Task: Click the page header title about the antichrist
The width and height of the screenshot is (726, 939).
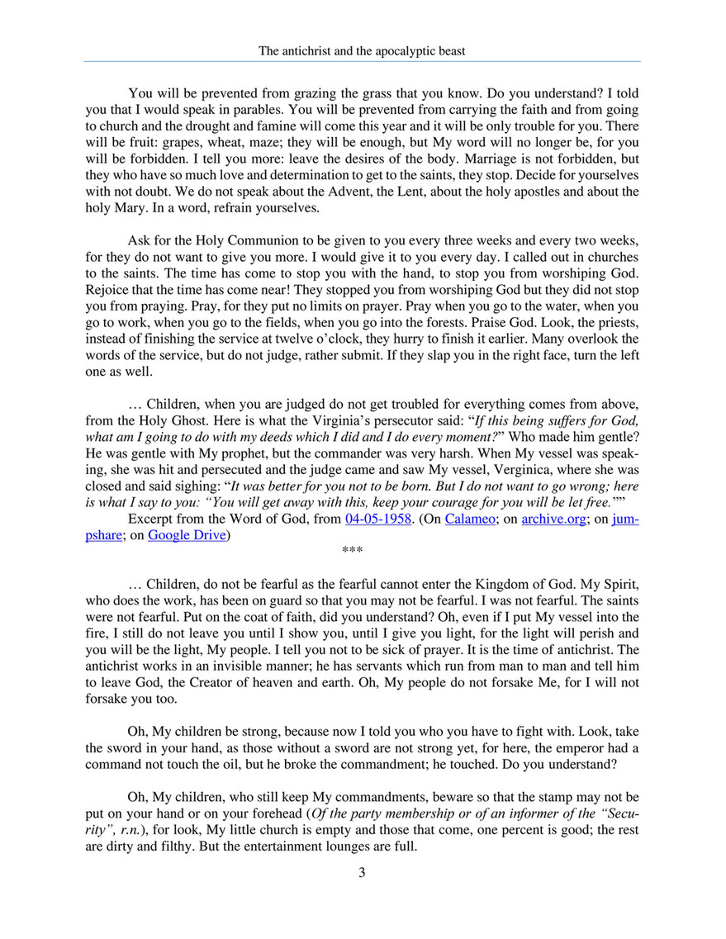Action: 362,51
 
